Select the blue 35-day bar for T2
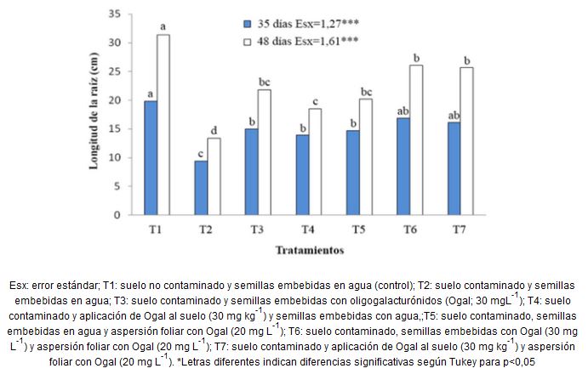200,188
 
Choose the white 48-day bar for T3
265,152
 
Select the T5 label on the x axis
360,229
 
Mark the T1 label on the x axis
157,229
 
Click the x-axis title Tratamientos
308,251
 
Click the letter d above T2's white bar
214,129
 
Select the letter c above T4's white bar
316,100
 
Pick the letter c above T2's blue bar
200,153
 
